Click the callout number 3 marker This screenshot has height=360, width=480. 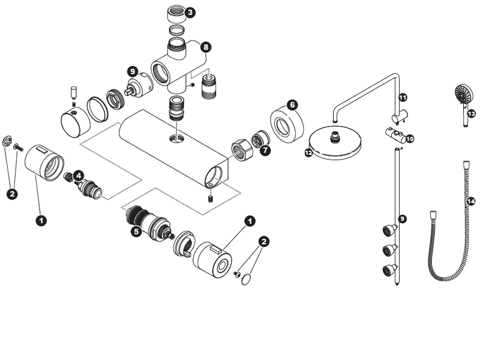190,12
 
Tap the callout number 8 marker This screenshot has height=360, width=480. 206,46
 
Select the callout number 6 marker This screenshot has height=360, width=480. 292,104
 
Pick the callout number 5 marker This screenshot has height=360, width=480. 136,230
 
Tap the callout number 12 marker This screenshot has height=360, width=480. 308,153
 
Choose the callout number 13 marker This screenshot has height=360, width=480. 471,113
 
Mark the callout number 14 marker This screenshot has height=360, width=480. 470,202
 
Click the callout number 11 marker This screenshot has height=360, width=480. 403,97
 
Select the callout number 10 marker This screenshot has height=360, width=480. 410,139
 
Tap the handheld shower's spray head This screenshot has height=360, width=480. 461,94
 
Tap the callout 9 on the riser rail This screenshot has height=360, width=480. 403,219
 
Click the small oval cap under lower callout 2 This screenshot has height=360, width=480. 246,278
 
